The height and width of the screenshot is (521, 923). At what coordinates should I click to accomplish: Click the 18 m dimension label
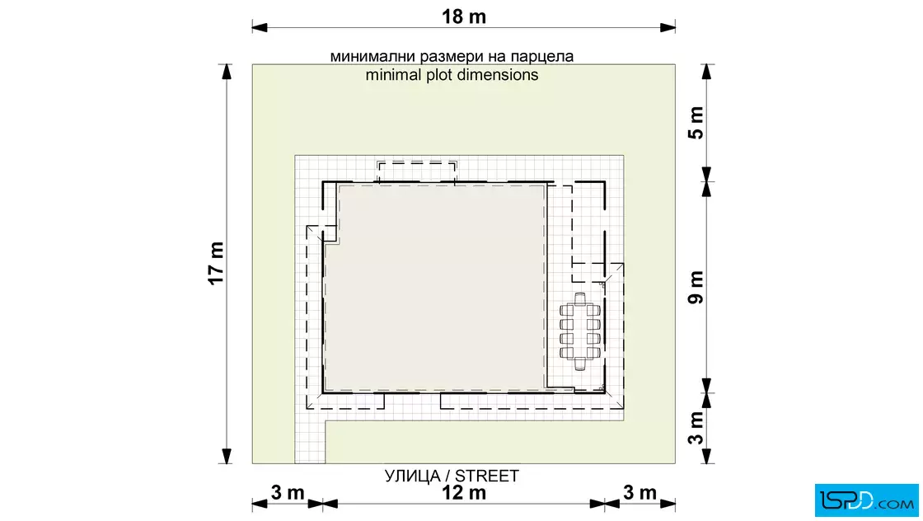(464, 16)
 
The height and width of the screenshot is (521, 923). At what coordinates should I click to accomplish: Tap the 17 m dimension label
(217, 263)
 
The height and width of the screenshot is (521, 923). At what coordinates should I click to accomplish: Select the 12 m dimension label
(464, 493)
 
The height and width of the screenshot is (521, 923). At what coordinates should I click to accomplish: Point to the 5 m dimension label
(696, 123)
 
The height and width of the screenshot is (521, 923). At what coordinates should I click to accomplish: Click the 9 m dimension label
(696, 287)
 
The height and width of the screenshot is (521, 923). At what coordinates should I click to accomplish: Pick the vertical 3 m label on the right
(696, 427)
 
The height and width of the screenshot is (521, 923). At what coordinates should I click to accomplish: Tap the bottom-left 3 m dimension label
(288, 492)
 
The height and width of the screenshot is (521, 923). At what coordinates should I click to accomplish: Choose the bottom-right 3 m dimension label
(640, 492)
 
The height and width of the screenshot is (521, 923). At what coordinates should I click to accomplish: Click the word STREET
(487, 476)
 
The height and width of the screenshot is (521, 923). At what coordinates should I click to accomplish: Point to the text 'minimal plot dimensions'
(452, 75)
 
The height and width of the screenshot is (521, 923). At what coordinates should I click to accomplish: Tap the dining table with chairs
(580, 331)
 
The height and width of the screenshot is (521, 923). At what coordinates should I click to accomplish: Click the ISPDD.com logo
(866, 500)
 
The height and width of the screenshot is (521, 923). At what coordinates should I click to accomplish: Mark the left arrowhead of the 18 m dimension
(260, 27)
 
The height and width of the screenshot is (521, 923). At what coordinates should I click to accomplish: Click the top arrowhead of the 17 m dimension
(227, 71)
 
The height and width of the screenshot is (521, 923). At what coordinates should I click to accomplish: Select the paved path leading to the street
(310, 442)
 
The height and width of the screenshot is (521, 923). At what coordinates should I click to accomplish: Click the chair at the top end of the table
(580, 298)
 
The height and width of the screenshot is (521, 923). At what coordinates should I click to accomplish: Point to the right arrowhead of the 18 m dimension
(668, 27)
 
